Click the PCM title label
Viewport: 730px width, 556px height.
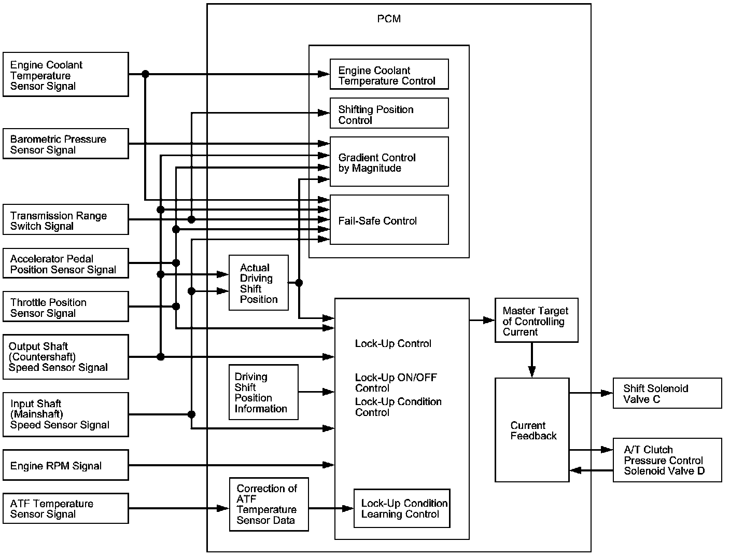click(389, 19)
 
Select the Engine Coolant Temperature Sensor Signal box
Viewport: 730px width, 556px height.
click(66, 75)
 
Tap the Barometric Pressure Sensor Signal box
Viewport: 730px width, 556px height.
click(66, 144)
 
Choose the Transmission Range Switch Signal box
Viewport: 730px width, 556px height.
click(66, 219)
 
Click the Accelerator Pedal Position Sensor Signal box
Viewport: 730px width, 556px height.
click(66, 263)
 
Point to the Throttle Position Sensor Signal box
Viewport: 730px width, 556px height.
click(66, 307)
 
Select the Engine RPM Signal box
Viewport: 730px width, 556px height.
click(66, 465)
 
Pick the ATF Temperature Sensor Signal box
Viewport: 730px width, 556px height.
click(66, 508)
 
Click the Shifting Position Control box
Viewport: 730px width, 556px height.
click(389, 113)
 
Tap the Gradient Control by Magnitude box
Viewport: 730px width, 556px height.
click(389, 162)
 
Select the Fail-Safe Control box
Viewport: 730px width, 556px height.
click(389, 220)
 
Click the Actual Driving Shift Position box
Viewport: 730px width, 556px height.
click(259, 283)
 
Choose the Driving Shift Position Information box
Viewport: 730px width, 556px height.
click(263, 392)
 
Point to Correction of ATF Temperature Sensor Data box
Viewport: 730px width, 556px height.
click(269, 504)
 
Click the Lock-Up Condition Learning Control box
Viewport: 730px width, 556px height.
click(402, 508)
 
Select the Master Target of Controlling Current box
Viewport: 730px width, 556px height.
click(537, 320)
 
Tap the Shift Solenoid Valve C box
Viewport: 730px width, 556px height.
click(667, 393)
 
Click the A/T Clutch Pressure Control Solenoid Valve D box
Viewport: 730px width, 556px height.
click(667, 460)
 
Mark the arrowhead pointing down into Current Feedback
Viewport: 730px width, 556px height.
click(532, 372)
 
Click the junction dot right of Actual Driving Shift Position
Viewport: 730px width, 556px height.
click(299, 283)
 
